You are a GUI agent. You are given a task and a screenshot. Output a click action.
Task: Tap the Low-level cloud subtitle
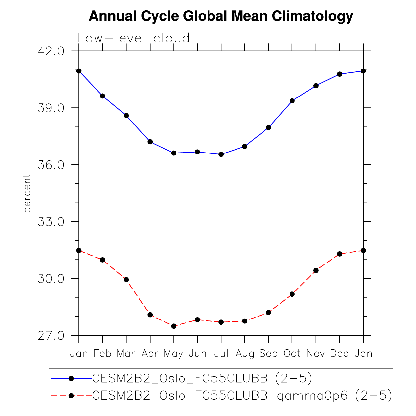(x=134, y=38)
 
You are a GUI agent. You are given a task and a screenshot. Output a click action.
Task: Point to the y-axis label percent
(x=27, y=193)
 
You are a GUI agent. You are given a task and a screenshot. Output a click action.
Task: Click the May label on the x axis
(x=174, y=354)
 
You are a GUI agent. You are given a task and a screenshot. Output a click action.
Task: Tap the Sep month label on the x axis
(x=268, y=354)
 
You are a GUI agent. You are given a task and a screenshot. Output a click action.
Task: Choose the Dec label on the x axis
(x=339, y=354)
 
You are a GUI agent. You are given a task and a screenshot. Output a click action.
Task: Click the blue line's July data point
(x=221, y=154)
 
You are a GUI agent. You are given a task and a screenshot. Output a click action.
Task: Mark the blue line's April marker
(x=150, y=142)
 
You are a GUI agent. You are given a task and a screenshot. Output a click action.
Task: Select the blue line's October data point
(x=292, y=101)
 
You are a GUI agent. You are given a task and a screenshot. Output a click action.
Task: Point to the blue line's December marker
(x=340, y=74)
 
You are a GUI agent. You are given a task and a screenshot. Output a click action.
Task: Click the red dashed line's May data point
(x=174, y=326)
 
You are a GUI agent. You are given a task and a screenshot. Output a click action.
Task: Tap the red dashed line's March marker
(x=126, y=280)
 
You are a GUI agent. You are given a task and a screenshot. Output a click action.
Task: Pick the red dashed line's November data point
(x=316, y=270)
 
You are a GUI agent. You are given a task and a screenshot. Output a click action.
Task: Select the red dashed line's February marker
(x=102, y=260)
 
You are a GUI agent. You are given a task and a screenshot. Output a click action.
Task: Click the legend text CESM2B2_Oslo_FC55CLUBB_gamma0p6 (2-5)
(x=242, y=395)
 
